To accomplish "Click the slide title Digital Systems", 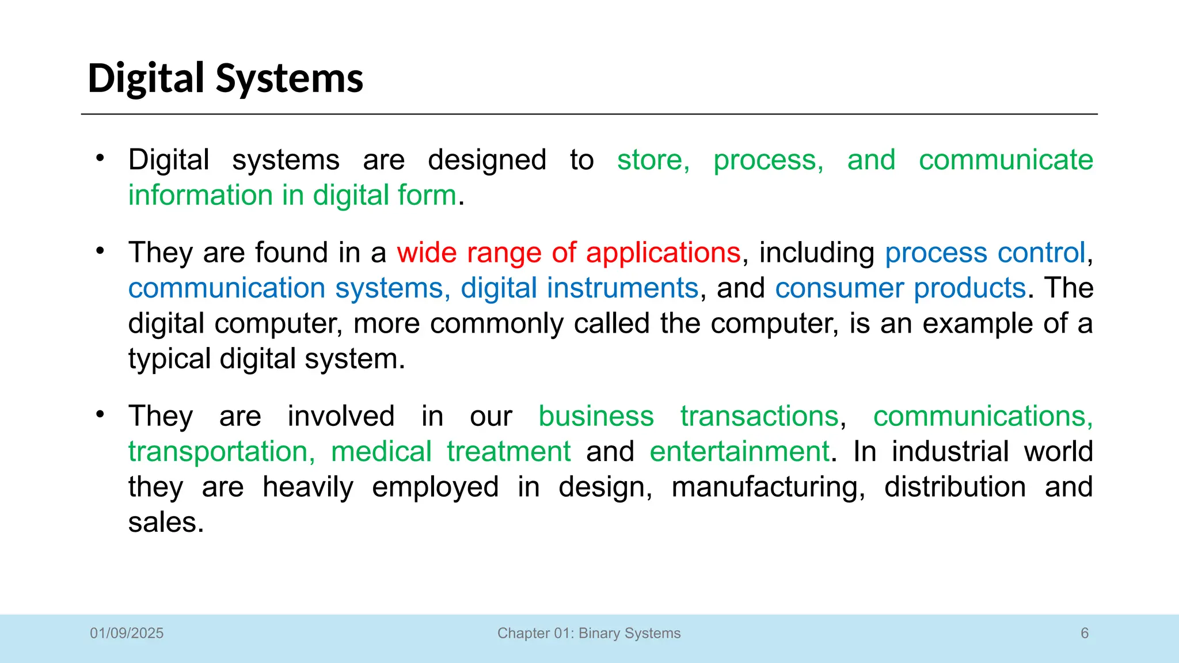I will click(225, 78).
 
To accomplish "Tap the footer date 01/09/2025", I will click(127, 633).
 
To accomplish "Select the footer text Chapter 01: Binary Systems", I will click(589, 633).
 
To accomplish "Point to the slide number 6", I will click(1085, 633).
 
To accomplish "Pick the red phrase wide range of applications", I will click(568, 253).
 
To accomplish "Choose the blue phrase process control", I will click(985, 253).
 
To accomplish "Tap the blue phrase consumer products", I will click(900, 288).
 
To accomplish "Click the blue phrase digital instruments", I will click(579, 288).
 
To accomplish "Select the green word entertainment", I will click(739, 451).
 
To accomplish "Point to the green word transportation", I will click(220, 451).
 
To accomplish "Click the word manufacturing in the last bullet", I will click(767, 487).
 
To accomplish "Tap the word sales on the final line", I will click(165, 523).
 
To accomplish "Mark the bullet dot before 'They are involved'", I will click(100, 414).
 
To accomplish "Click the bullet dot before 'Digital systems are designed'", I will click(100, 158).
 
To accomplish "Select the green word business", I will click(596, 416).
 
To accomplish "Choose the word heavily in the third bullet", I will click(308, 487).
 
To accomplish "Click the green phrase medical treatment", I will click(451, 451).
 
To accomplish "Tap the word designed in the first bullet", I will click(487, 160).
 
